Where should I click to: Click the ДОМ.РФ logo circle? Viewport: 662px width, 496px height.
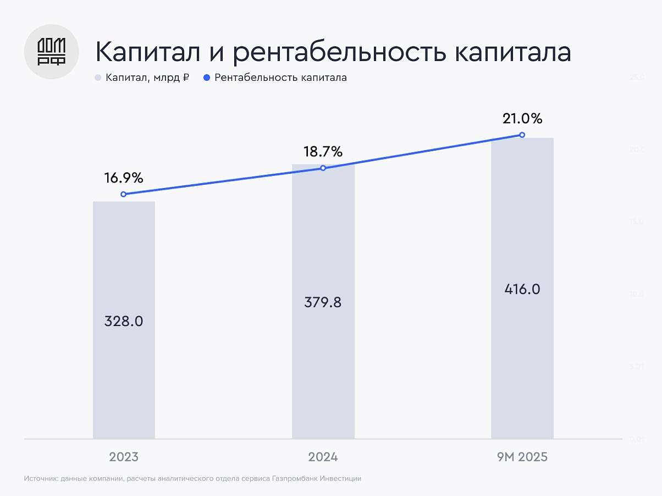[51, 52]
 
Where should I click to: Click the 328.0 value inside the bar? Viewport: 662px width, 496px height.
[124, 321]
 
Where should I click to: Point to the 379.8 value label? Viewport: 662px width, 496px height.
[323, 302]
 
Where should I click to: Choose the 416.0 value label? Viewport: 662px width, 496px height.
[522, 289]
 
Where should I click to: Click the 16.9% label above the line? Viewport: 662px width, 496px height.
[124, 178]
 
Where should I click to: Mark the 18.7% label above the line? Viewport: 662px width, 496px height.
[323, 151]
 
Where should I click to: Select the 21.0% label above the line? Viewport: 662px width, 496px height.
[522, 118]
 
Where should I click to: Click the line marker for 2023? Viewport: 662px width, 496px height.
[123, 194]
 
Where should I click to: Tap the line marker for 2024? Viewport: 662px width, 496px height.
[323, 168]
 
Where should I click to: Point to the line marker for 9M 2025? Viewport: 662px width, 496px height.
[522, 135]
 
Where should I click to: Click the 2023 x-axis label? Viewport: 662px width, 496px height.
[124, 457]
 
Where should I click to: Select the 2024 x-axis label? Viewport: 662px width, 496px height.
[323, 457]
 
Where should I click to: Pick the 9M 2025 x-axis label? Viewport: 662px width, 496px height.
[522, 457]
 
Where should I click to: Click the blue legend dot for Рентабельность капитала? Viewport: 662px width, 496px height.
[207, 78]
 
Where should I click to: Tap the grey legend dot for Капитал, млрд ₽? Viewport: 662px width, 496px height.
[98, 78]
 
